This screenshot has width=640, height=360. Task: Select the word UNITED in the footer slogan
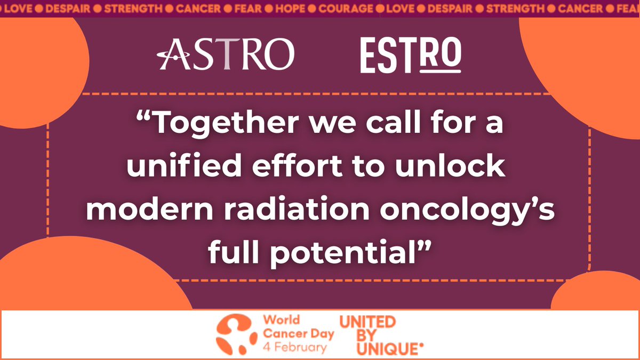pyautogui.click(x=367, y=321)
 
